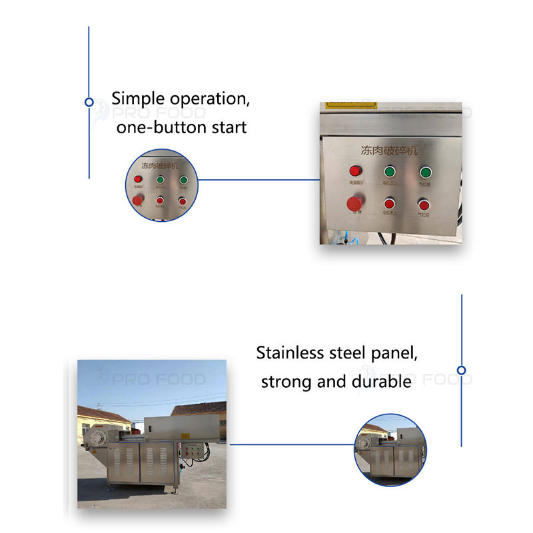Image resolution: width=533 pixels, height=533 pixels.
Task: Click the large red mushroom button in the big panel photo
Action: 354,203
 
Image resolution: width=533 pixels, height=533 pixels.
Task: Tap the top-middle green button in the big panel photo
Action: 389,173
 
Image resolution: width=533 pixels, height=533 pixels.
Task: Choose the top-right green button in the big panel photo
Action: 424,173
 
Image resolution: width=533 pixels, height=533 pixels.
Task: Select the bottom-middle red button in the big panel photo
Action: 389,204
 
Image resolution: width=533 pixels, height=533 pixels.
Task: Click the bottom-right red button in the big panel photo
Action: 423,204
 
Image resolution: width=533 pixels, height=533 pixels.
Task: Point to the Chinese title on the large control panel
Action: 390,151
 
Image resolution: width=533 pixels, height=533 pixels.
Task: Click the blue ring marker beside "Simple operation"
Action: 89,102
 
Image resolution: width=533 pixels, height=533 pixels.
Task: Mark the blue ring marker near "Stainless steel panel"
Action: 461,370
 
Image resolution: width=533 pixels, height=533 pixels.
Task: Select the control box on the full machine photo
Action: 195,455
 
